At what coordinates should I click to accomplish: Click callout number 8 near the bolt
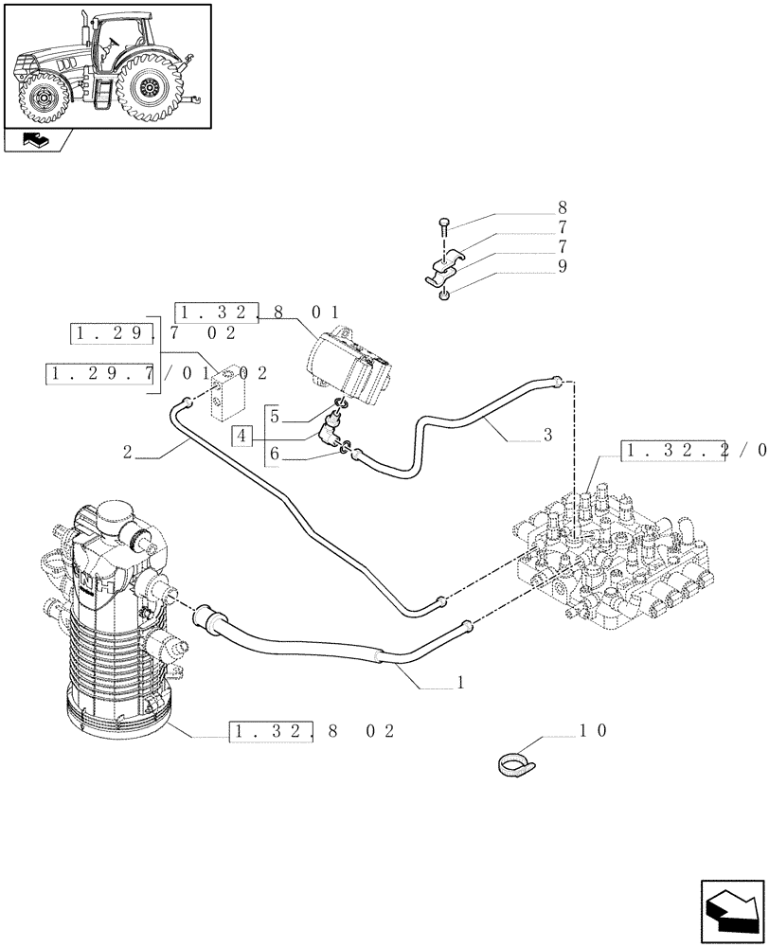563,207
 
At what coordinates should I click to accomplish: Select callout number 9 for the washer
563,267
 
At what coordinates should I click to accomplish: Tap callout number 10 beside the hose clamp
599,730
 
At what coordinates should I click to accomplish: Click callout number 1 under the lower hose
459,681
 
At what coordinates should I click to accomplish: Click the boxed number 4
243,436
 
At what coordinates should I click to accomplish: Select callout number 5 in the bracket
274,416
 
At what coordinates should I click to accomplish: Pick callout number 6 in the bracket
274,455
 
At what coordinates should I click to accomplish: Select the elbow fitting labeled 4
330,431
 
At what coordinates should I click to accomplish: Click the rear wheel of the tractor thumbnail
151,88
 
